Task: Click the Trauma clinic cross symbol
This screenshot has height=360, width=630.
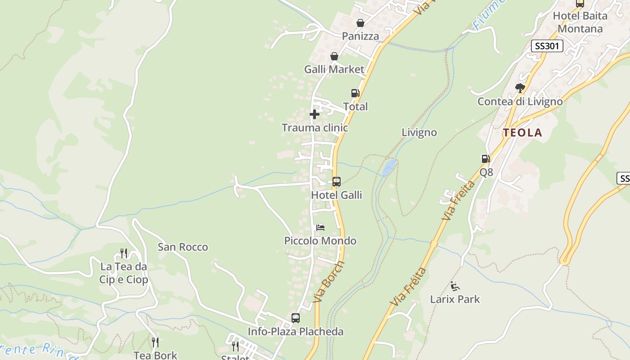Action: (315, 114)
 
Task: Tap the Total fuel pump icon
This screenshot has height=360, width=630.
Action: (355, 93)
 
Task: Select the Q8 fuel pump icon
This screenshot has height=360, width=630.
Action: (486, 158)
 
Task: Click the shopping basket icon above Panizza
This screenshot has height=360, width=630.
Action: (360, 22)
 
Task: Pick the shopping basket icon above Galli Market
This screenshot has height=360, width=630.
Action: (334, 56)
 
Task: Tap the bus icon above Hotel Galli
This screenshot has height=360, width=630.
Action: (336, 182)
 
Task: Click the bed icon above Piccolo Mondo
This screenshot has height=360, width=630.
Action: (320, 227)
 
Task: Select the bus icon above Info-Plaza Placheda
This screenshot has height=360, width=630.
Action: (296, 318)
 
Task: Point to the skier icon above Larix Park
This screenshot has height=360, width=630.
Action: (455, 286)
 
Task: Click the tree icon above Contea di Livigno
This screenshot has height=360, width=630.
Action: (520, 88)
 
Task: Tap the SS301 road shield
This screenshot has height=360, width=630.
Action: (547, 45)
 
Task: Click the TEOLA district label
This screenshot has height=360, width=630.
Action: (522, 133)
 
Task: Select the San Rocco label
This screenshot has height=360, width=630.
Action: (183, 247)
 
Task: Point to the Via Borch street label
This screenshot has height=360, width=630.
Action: (329, 282)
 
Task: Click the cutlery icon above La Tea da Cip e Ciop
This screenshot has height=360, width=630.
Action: (124, 253)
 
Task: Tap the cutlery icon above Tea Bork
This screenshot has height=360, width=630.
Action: (155, 342)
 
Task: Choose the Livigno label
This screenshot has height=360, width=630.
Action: (419, 132)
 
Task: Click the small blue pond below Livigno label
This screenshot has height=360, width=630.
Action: (389, 167)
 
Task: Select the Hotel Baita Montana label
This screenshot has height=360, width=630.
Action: (580, 22)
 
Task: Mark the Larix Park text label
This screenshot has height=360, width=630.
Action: (455, 299)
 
